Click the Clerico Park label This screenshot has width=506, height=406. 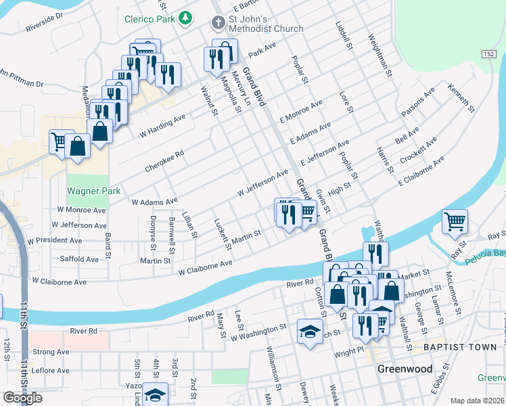(150, 19)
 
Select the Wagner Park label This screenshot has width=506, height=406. (93, 191)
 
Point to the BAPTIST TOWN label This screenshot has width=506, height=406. (461, 347)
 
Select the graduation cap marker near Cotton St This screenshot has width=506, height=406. (310, 332)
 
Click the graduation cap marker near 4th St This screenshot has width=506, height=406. (156, 395)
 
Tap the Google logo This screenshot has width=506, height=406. (22, 398)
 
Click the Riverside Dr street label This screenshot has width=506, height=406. (45, 23)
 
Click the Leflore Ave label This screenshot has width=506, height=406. (51, 371)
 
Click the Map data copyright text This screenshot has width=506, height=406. (478, 401)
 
